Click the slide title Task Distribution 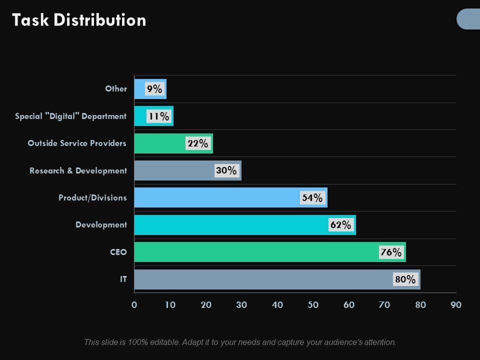coord(79,20)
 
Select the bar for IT coord(260,279)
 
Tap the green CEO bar coord(250,252)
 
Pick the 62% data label coord(340,225)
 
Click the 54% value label coord(312,198)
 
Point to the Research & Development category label coord(78,170)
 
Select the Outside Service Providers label coord(77,143)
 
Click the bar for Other coord(140,89)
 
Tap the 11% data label coord(158,116)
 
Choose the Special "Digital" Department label coord(70,116)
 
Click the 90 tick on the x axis coord(456,305)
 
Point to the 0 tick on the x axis coord(134,305)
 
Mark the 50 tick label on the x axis coord(313,305)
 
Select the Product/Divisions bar coord(215,197)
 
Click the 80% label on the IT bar coord(405,279)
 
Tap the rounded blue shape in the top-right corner coord(469,19)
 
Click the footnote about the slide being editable coord(240,342)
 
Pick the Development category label coord(101,225)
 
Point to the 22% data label coord(197,143)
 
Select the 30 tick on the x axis coord(241,305)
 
